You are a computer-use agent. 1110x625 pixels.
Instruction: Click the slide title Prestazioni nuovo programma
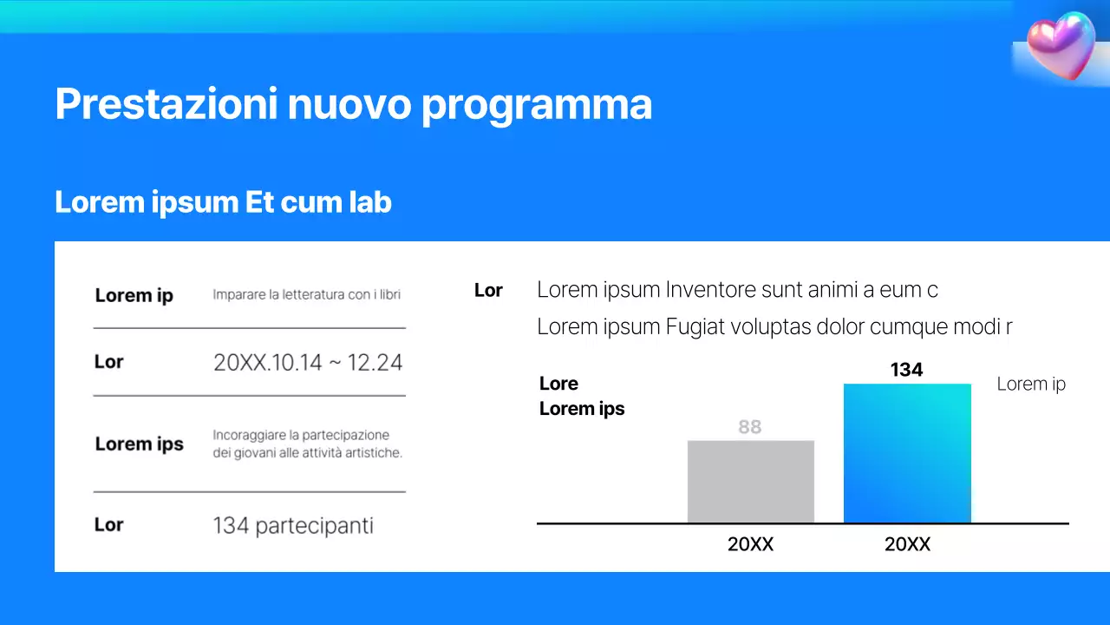[x=353, y=104]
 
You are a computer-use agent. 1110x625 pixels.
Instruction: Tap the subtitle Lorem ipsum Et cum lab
[x=223, y=202]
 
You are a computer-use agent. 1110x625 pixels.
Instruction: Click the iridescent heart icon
[x=1061, y=45]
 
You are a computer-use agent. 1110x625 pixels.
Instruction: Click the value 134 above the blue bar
[x=906, y=370]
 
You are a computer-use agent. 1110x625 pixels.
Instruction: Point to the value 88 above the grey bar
[x=749, y=427]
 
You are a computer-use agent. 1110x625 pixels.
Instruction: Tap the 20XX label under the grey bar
[x=750, y=545]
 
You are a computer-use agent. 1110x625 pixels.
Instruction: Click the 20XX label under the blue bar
[x=907, y=545]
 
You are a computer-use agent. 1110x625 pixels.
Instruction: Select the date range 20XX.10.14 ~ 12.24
[x=308, y=363]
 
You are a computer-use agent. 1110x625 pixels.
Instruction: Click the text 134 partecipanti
[x=293, y=525]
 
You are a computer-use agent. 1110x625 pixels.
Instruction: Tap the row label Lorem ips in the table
[x=139, y=444]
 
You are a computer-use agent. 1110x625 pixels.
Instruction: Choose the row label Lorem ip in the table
[x=134, y=295]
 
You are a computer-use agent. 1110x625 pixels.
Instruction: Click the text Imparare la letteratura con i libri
[x=306, y=295]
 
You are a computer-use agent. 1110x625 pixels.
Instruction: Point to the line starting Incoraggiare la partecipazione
[x=301, y=435]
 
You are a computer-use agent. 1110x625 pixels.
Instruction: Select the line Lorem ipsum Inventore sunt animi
[x=737, y=290]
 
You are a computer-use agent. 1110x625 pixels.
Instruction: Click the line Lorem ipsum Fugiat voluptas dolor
[x=774, y=327]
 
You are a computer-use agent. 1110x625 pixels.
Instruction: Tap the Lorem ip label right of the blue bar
[x=1031, y=384]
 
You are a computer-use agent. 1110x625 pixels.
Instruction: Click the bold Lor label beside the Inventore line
[x=488, y=291]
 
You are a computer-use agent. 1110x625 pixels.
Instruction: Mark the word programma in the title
[x=537, y=104]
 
